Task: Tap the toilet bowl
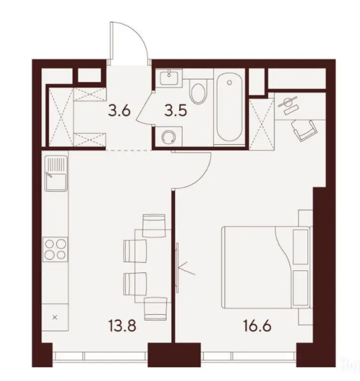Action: pos(198,93)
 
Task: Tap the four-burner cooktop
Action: pos(55,249)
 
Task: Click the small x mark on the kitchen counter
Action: pos(55,316)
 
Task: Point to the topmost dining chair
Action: pos(153,225)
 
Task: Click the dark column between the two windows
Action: pos(169,355)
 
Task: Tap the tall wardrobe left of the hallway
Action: pos(59,117)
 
